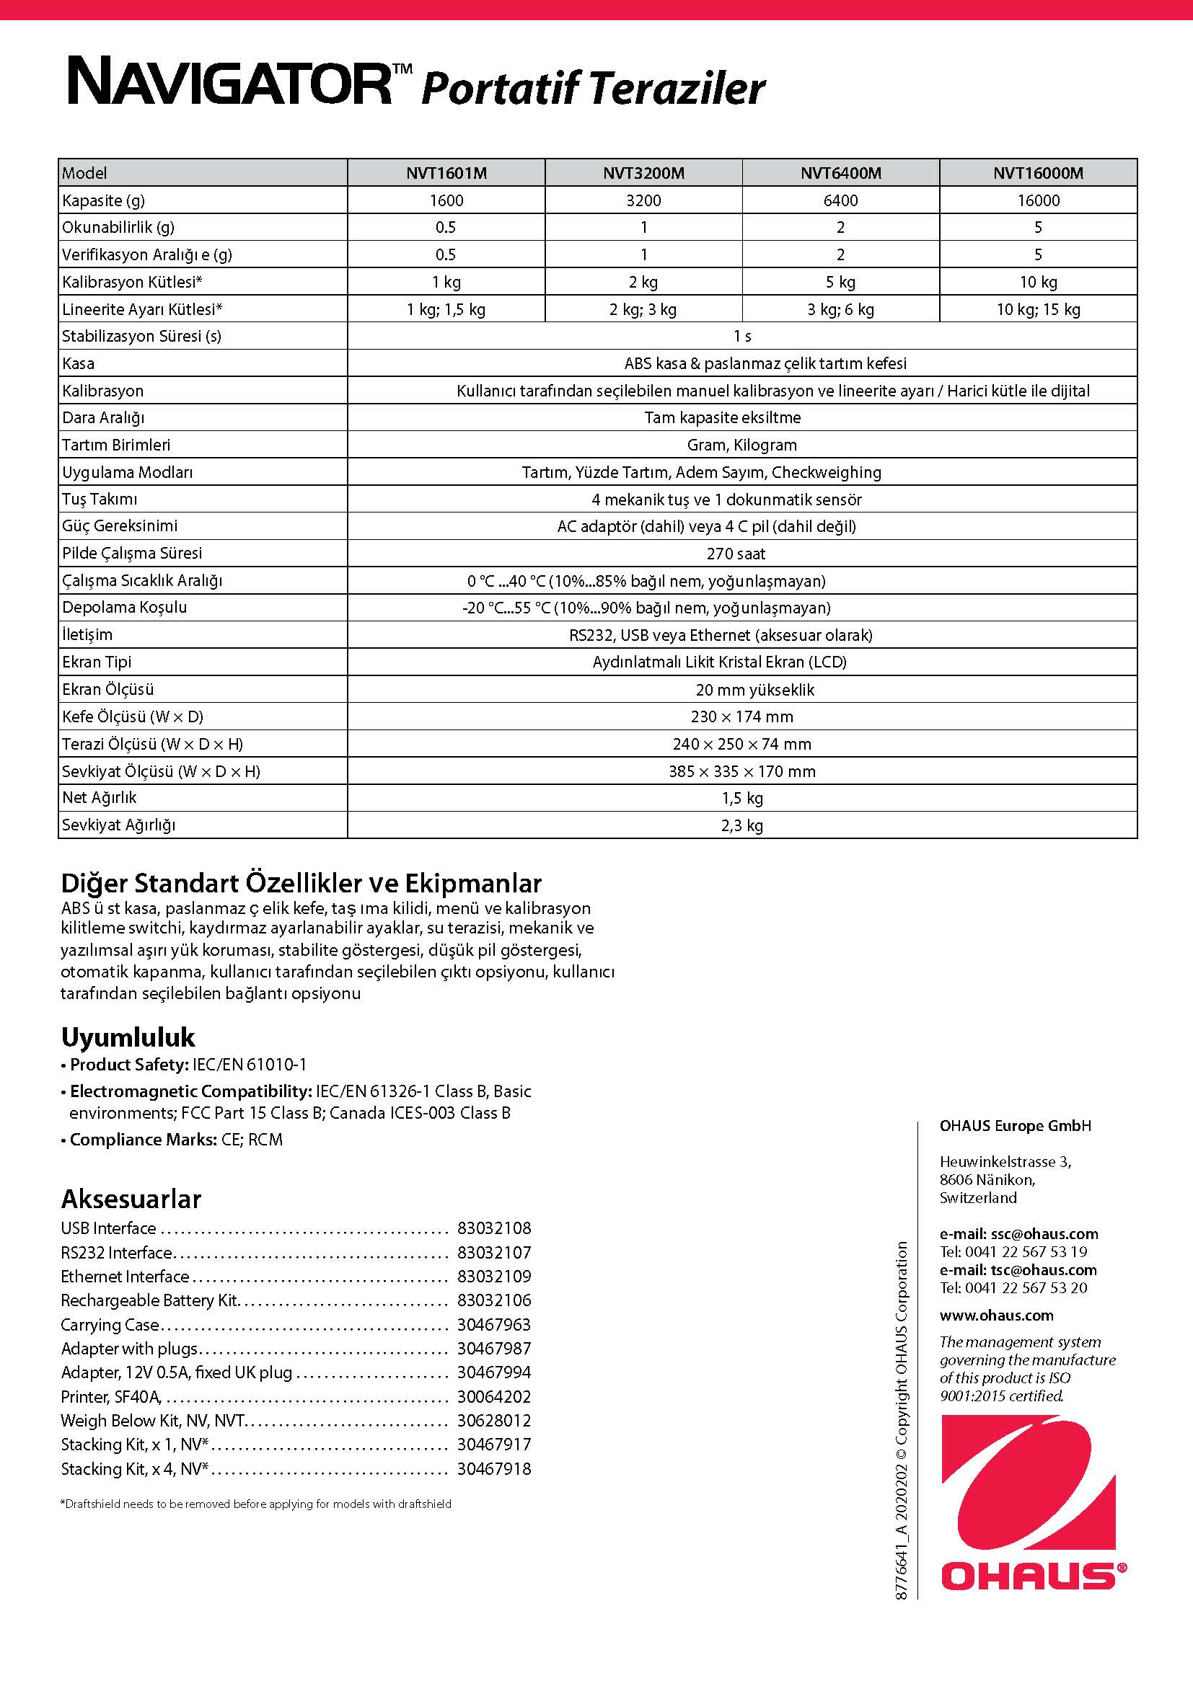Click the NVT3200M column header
point(643,173)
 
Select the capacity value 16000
point(1038,200)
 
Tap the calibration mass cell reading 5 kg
point(840,282)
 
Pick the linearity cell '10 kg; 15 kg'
point(1038,309)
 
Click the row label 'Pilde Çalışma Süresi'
point(131,553)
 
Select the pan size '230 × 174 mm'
point(742,716)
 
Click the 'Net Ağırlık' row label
point(99,797)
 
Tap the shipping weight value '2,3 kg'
point(742,825)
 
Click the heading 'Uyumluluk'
point(127,1037)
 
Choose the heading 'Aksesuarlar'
point(131,1199)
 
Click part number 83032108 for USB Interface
point(493,1228)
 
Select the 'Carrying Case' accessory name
point(110,1325)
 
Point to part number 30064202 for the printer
point(493,1397)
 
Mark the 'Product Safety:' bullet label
point(129,1065)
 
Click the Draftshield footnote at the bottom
point(255,1504)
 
